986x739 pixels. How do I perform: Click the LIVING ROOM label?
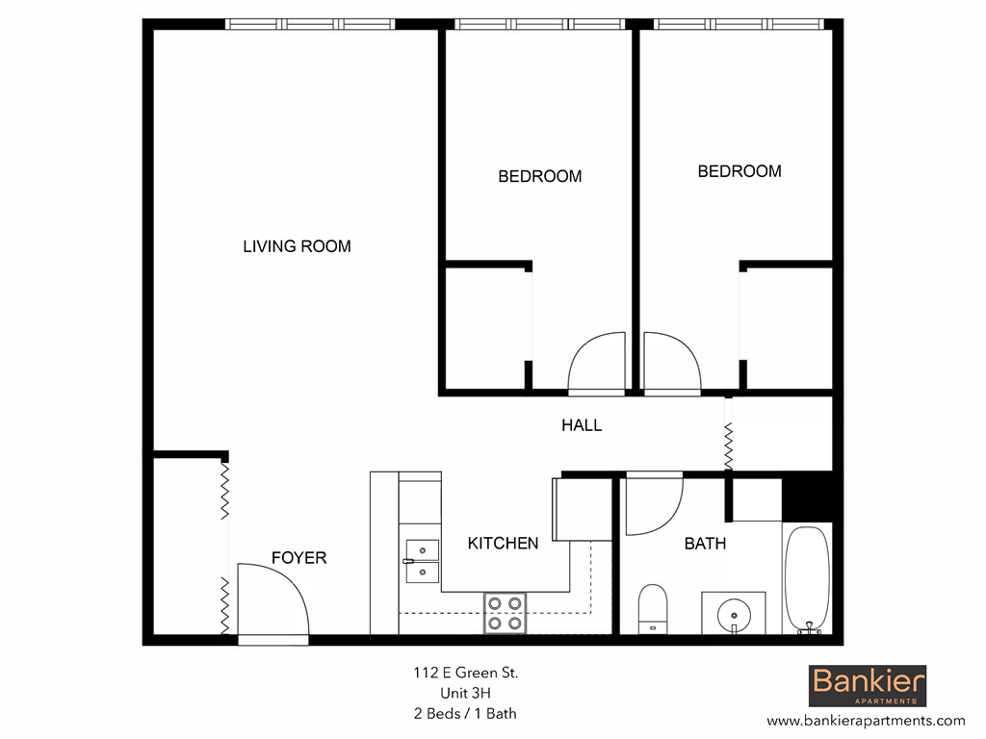[x=297, y=246]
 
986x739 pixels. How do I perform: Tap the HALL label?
[x=582, y=424]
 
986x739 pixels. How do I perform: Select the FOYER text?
[x=298, y=558]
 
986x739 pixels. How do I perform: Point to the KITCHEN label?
[x=503, y=544]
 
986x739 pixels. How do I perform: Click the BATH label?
[x=705, y=544]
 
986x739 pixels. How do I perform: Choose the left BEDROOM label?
[x=539, y=176]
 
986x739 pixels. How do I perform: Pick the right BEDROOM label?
[x=739, y=171]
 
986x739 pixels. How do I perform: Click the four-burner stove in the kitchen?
[x=506, y=613]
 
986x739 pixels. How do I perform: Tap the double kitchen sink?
[x=422, y=561]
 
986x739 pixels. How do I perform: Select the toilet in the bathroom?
[x=653, y=608]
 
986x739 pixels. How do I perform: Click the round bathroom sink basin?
[x=733, y=612]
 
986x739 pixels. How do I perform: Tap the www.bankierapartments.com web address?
[x=865, y=720]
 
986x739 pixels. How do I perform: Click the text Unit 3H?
[x=466, y=693]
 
